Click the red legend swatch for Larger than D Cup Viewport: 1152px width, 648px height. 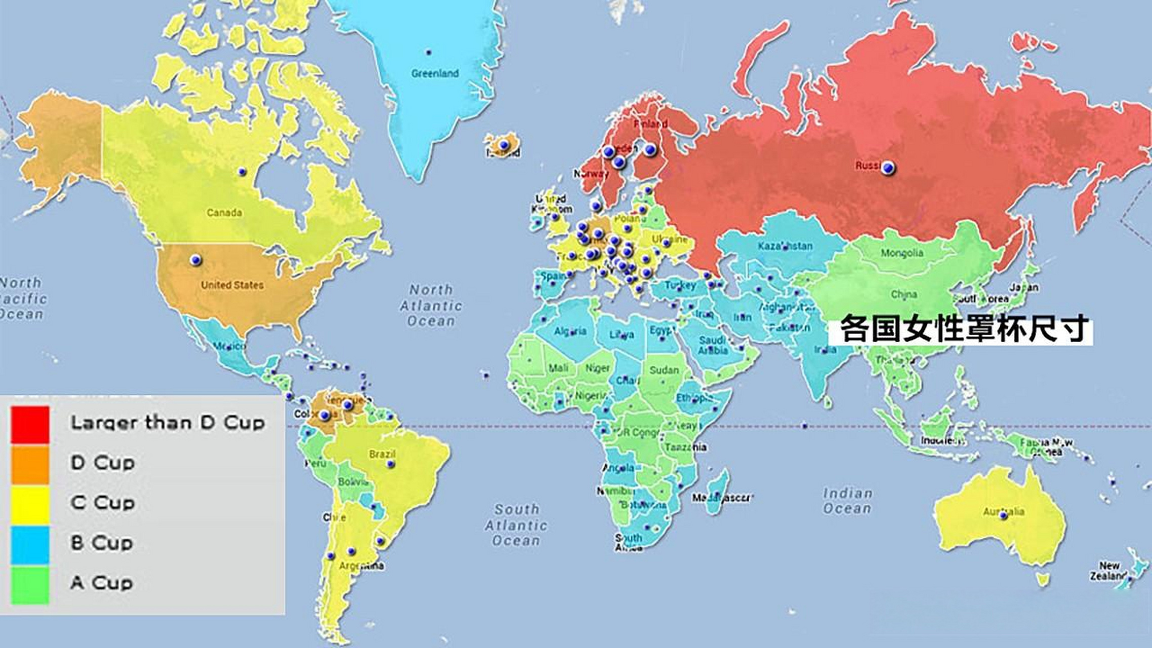coord(30,425)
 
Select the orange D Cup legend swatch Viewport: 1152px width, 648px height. coord(30,464)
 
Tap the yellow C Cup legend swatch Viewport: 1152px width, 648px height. coord(30,504)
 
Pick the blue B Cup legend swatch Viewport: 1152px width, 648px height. coord(30,544)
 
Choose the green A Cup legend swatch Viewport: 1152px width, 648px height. coord(30,584)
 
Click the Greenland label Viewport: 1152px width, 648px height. coord(435,73)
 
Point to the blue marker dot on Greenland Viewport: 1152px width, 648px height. coord(429,52)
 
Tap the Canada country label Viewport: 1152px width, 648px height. coord(224,213)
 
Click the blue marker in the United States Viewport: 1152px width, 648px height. coord(195,260)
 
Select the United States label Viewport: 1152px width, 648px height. coord(232,285)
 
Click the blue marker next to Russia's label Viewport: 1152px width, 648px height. coord(888,168)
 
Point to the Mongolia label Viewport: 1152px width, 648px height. coord(901,253)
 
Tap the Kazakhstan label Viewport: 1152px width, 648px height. coord(785,246)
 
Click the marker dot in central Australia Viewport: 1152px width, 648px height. coord(1003,516)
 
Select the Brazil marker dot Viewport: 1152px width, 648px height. coord(390,464)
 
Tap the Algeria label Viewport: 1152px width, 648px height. coord(570,332)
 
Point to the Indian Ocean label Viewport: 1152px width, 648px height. coord(847,501)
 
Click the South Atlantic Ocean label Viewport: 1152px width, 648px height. coord(516,525)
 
